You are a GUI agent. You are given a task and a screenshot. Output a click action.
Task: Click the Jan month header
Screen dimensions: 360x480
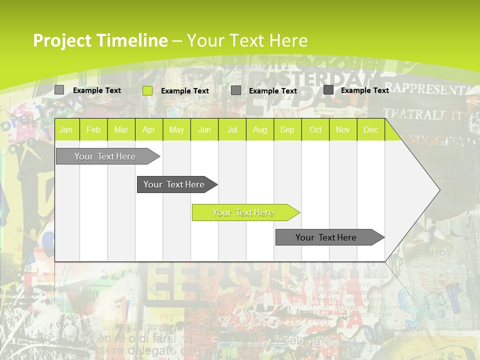(66, 130)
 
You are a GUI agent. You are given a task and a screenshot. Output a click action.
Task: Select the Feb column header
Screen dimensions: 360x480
(93, 130)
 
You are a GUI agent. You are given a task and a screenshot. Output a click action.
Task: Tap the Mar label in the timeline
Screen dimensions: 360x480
(121, 130)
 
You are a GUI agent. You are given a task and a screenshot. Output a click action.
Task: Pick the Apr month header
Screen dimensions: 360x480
(149, 130)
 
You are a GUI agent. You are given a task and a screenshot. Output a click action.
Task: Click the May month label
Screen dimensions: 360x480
(176, 130)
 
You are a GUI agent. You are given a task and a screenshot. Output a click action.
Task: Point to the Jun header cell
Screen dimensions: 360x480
(204, 130)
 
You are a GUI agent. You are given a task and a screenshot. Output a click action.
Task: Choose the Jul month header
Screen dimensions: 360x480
(232, 130)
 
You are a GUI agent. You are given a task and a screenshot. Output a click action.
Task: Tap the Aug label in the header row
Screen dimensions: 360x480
(260, 130)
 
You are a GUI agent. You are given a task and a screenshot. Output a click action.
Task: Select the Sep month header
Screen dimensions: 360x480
(287, 130)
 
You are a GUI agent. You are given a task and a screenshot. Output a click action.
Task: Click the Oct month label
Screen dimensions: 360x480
(315, 130)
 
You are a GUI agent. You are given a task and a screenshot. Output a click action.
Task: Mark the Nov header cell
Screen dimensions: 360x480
(343, 130)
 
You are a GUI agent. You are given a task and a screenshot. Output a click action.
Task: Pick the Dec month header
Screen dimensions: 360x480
(371, 130)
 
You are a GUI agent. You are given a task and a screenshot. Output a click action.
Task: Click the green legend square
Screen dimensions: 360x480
(147, 90)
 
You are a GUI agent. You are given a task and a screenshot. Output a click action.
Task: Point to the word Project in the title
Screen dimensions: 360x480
(62, 40)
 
